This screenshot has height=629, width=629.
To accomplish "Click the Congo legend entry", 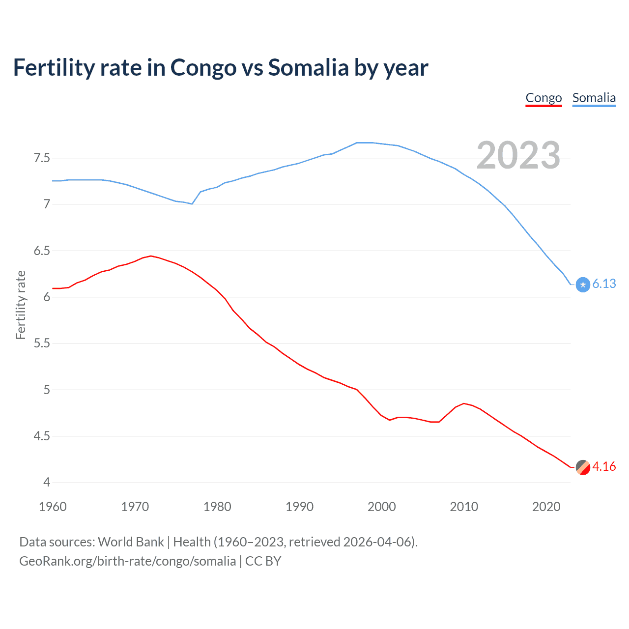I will coord(543,98).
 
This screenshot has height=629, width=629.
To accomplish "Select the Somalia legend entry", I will coord(594,98).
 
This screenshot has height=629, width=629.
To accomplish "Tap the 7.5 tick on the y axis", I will coord(42,158).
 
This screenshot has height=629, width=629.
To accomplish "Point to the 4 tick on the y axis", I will coord(47,483).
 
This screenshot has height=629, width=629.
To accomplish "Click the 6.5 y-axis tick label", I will coord(42,251).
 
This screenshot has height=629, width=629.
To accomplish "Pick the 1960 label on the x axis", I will coord(53,507).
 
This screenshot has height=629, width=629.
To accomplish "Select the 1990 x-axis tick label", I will coord(299,507).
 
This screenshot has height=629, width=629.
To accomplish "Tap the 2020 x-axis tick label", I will coord(546,507).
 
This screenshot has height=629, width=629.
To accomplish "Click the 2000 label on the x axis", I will coord(381,507).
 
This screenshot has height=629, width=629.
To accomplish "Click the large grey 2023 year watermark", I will coord(518,155).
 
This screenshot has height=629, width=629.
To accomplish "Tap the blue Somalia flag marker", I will coord(583,285).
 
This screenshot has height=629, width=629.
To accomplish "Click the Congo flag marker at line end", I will coord(583,467).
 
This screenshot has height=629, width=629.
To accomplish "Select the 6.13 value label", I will coord(604,284).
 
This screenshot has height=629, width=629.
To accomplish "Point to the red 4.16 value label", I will coord(604,467).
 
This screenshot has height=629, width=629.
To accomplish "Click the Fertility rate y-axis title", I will coord(21,305).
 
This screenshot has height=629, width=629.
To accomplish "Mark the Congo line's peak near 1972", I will coord(151,256).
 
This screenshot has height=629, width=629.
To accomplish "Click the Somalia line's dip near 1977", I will coord(192,204).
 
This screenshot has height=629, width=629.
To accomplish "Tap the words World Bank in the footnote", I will coord(131,542).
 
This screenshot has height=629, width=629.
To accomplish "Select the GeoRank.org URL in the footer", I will coord(127,561).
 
